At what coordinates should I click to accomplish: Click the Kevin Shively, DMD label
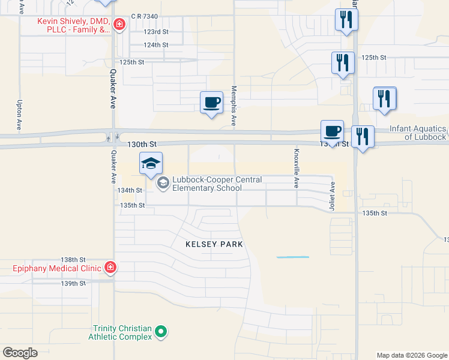click(x=74, y=25)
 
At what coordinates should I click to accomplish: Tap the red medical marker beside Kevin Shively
click(x=120, y=25)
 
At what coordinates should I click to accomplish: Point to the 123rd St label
click(x=156, y=31)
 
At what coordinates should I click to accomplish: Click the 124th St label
click(x=156, y=45)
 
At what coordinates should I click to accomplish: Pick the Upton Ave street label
click(x=20, y=116)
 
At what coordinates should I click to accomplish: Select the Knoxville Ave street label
click(x=296, y=169)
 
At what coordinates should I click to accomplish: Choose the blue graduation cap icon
click(x=151, y=163)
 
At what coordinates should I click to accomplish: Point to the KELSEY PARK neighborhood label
click(x=214, y=244)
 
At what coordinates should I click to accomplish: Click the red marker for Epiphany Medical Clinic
click(x=110, y=267)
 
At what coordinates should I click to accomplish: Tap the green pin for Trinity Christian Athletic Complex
click(x=160, y=331)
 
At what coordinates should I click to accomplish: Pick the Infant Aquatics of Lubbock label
click(x=418, y=133)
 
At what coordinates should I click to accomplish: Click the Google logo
click(x=20, y=353)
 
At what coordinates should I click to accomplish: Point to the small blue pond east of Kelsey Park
click(x=292, y=257)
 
